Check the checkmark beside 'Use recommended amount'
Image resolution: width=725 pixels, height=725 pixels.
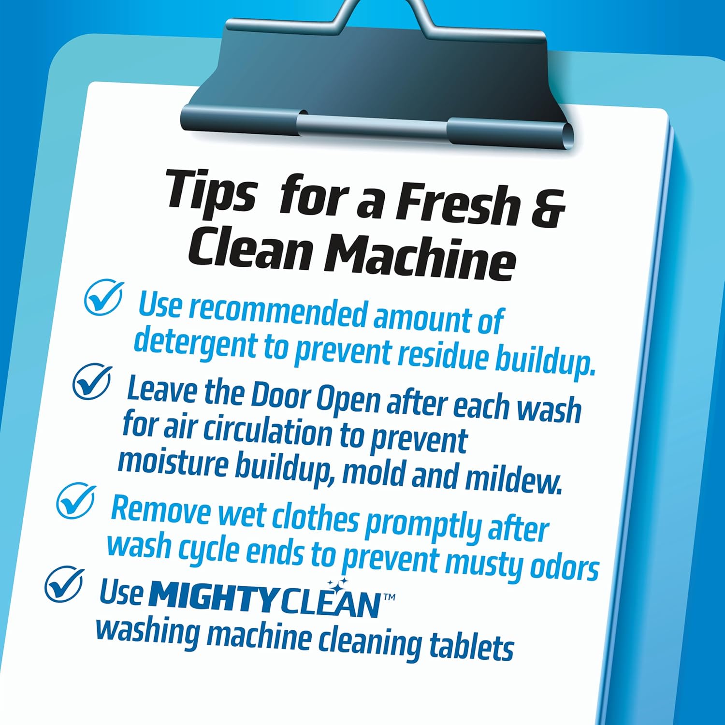[103, 297]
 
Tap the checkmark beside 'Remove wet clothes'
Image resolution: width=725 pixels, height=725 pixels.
[75, 501]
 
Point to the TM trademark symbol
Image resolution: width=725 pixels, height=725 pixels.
[389, 597]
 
